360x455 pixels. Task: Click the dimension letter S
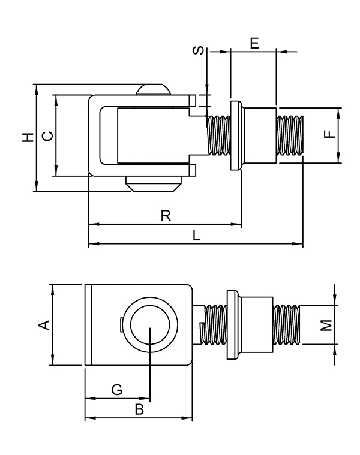tap(197, 52)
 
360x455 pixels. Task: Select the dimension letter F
tap(328, 135)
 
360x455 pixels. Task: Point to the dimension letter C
tap(48, 135)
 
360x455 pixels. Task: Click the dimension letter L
tap(196, 236)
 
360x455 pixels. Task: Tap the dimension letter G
tap(118, 390)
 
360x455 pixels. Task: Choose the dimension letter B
tap(139, 409)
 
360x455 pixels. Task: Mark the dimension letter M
tap(325, 325)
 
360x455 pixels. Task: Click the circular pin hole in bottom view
tap(150, 326)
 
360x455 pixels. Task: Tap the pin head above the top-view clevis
tap(153, 91)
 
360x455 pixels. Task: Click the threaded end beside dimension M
tap(287, 325)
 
